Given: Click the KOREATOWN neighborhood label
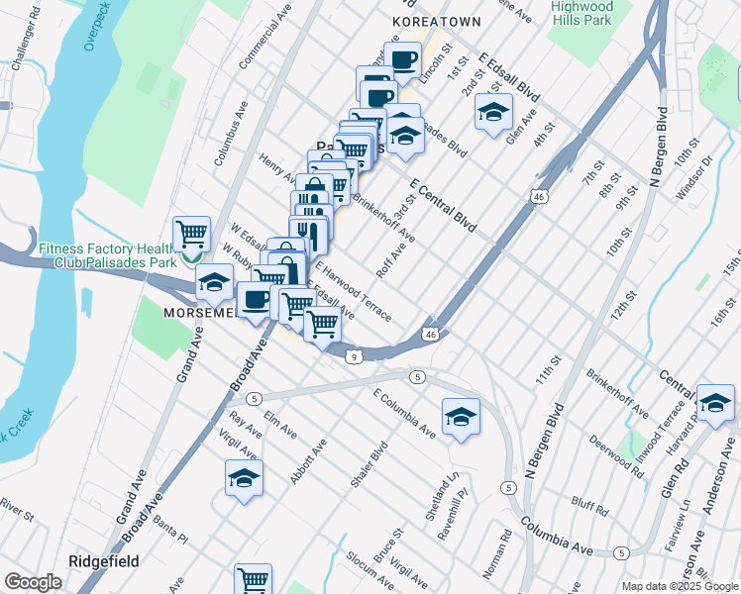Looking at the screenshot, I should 436,21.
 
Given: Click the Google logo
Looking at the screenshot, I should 33,582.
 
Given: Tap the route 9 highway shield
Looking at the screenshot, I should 352,356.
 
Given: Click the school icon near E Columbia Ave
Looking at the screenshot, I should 461,416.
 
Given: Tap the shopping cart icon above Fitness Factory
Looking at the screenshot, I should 191,234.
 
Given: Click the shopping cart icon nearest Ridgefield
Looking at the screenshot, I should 253,579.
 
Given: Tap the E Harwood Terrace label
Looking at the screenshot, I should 354,291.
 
